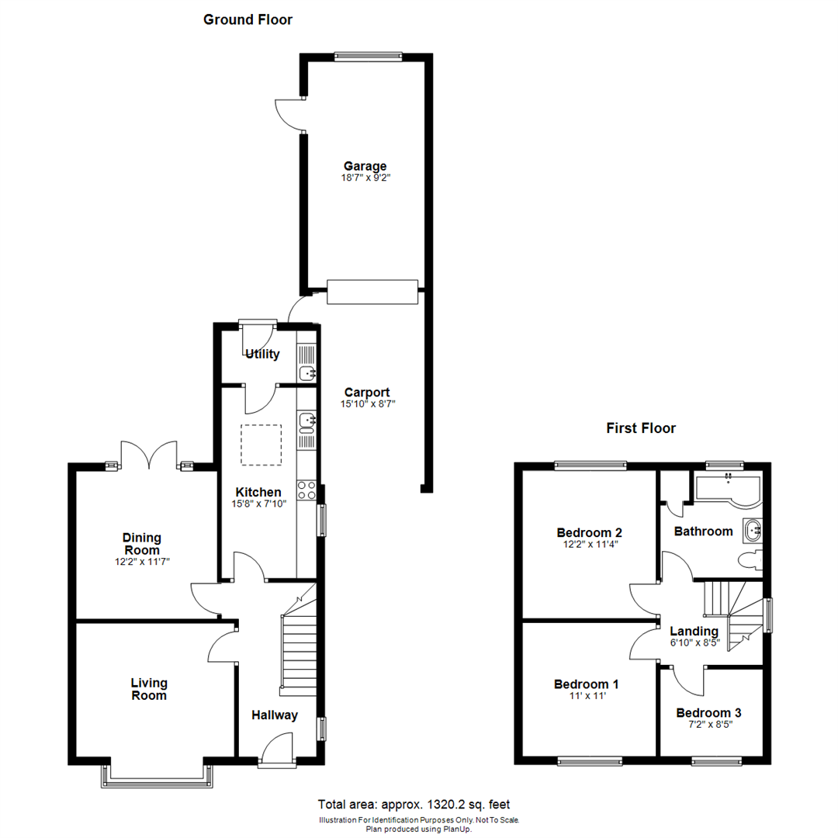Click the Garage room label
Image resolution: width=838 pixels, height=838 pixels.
365,166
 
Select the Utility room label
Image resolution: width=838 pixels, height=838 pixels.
262,355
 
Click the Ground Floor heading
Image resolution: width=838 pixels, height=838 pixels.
248,19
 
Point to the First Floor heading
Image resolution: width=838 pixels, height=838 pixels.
640,428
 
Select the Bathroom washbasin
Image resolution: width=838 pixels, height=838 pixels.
752,531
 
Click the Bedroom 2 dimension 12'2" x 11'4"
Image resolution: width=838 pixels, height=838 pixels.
589,544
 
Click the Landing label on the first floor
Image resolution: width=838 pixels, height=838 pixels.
694,632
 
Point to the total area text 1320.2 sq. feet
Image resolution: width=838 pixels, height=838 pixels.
414,805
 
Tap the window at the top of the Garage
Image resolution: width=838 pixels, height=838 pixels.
368,55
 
